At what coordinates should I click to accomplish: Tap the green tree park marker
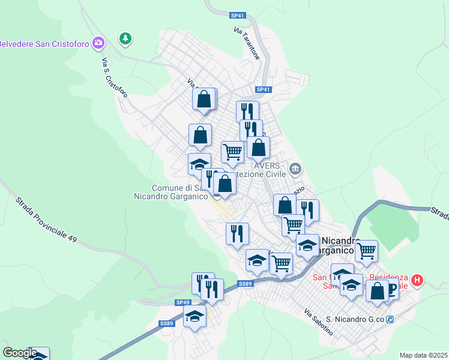tap(125, 39)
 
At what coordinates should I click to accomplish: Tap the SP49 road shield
tap(183, 302)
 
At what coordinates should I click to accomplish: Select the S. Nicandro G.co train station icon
tap(390, 319)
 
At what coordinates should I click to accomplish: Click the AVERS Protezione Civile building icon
tap(295, 168)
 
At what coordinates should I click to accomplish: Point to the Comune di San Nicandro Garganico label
tap(172, 192)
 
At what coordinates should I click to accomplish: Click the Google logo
tap(19, 353)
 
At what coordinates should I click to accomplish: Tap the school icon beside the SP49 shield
tap(194, 316)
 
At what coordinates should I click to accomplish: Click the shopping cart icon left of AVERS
tap(232, 151)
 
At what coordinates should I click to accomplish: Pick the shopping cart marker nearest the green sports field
tap(366, 250)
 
